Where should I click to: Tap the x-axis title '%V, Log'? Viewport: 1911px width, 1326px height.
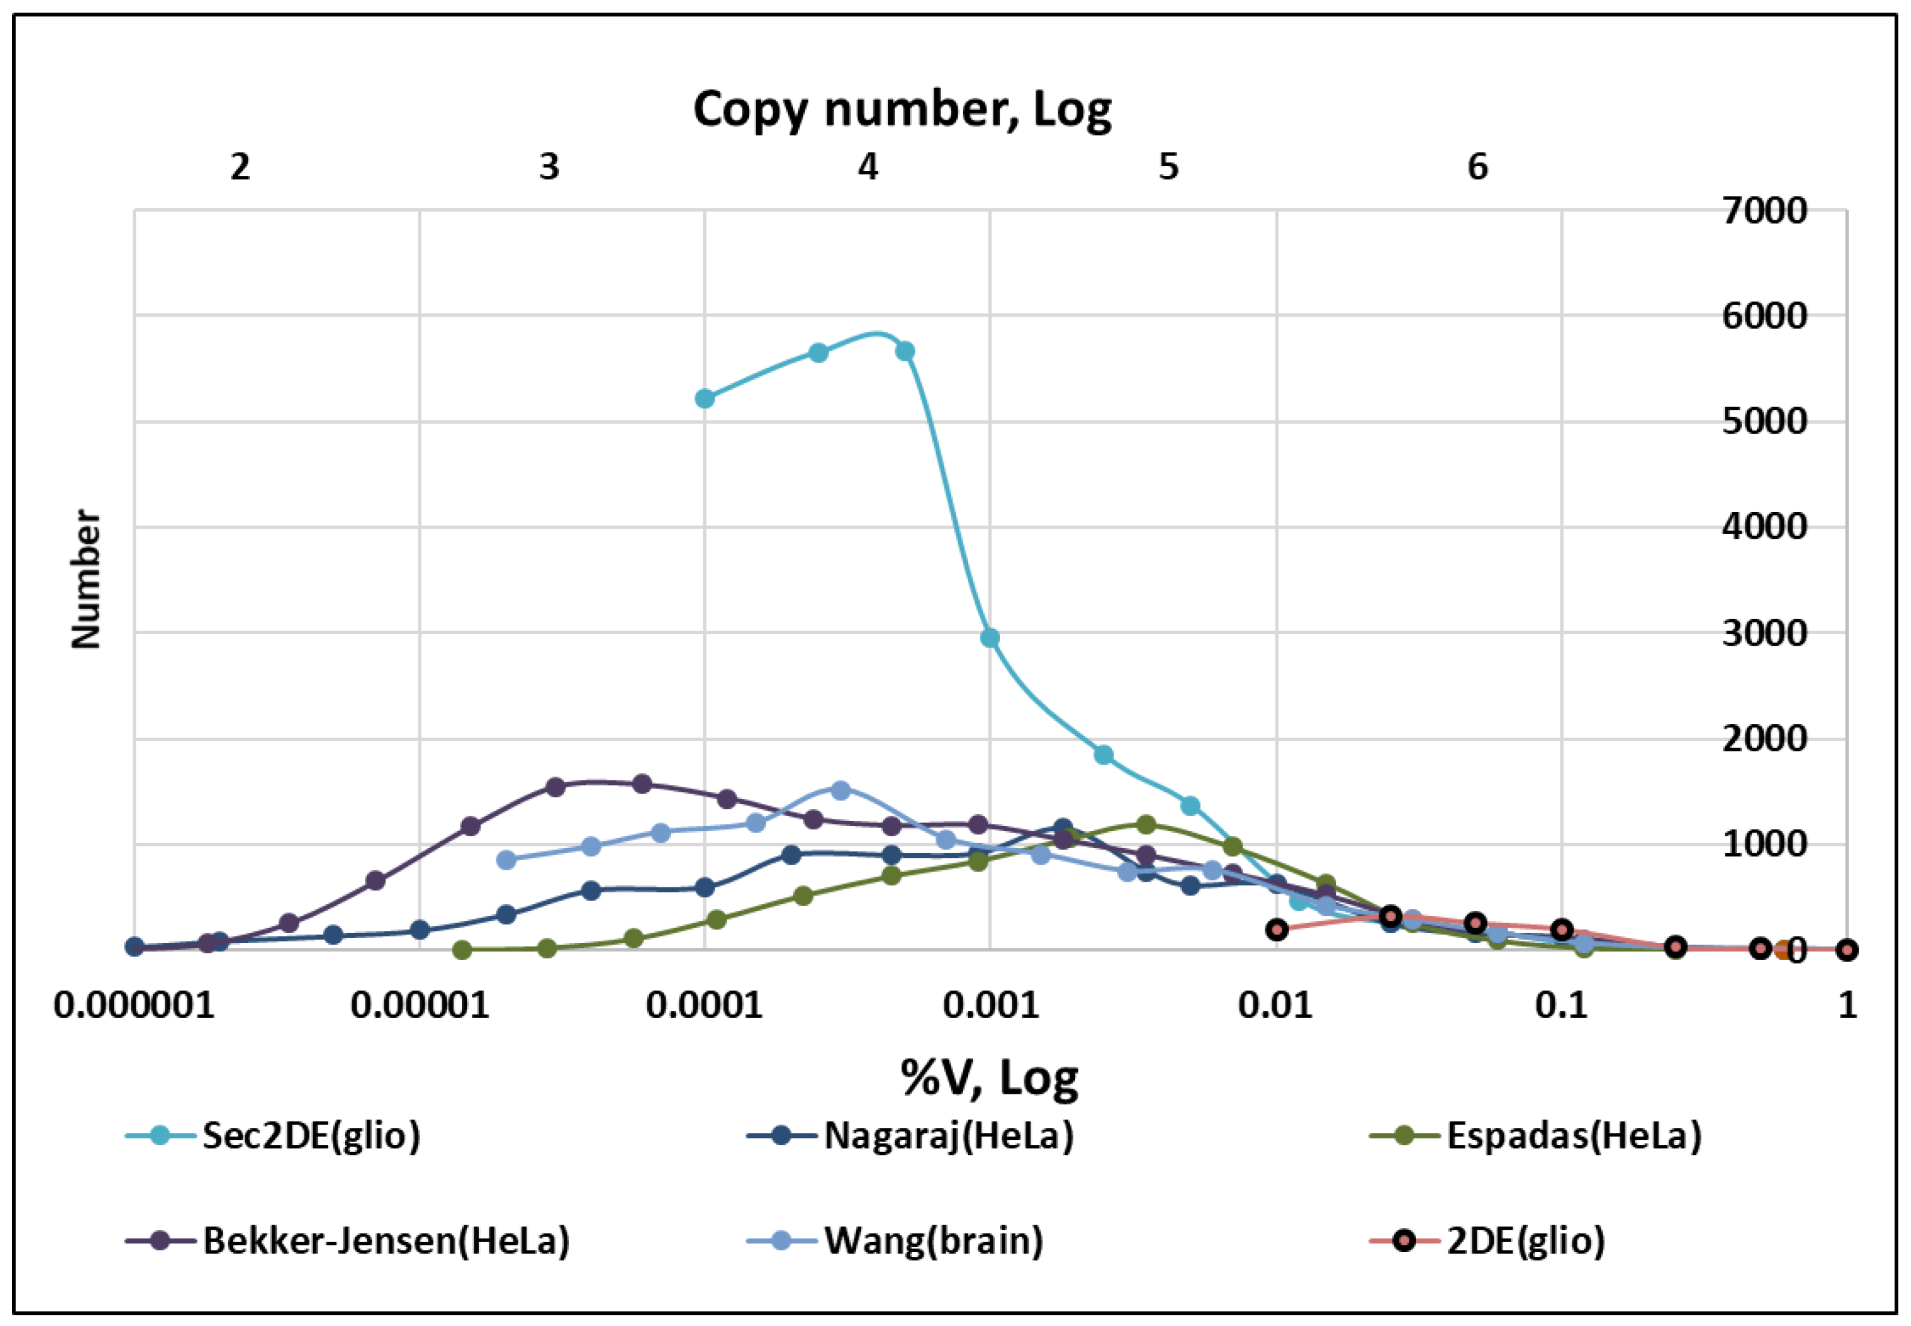[x=989, y=1078]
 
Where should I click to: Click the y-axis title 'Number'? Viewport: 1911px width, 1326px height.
[x=85, y=579]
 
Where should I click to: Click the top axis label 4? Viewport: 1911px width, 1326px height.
[x=868, y=168]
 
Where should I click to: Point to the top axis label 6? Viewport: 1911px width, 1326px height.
[x=1477, y=168]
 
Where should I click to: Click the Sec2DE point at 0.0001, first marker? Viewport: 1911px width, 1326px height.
[x=705, y=399]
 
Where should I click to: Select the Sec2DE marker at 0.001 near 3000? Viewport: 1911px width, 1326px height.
[x=989, y=638]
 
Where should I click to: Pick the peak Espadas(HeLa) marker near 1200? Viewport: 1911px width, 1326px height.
[x=1146, y=825]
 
